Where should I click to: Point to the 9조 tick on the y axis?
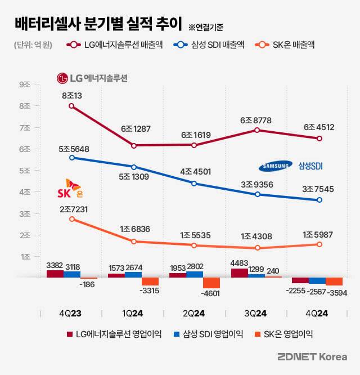[x=25, y=84]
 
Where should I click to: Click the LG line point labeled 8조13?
[x=71, y=106]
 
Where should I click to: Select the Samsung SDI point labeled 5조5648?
[x=71, y=158]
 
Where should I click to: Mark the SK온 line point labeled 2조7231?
[x=71, y=218]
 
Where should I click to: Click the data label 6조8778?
[x=257, y=120]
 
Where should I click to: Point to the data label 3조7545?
[x=318, y=189]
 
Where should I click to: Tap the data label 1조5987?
[x=318, y=234]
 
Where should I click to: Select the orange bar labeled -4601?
[x=211, y=283]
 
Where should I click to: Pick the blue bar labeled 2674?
[x=133, y=274]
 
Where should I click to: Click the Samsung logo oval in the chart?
[x=275, y=166]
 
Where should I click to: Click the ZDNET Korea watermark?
[x=312, y=357]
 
